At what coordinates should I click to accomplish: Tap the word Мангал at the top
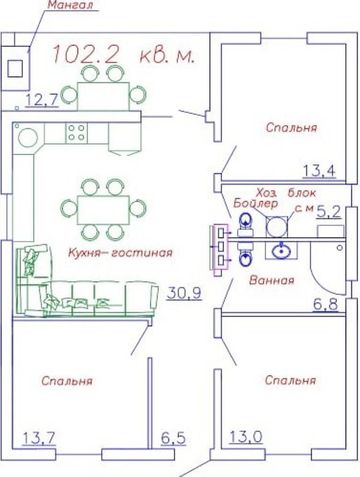pyautogui.click(x=70, y=5)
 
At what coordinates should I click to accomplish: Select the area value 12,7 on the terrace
pyautogui.click(x=41, y=100)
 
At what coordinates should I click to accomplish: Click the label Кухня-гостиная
pyautogui.click(x=120, y=252)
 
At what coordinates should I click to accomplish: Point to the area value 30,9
pyautogui.click(x=184, y=293)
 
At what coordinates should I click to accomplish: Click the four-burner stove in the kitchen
pyautogui.click(x=76, y=133)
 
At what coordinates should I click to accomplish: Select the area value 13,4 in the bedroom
pyautogui.click(x=319, y=171)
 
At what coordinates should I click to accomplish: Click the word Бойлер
pyautogui.click(x=255, y=204)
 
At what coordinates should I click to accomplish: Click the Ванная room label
pyautogui.click(x=271, y=280)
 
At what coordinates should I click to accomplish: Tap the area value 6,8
pyautogui.click(x=325, y=304)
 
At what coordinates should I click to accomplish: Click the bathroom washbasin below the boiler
pyautogui.click(x=282, y=251)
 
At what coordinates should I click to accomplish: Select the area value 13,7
pyautogui.click(x=39, y=439)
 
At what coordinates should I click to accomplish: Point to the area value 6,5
pyautogui.click(x=173, y=439)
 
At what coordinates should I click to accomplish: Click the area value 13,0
pyautogui.click(x=246, y=437)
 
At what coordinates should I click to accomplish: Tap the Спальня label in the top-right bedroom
pyautogui.click(x=291, y=127)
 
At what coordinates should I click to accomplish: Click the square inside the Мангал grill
pyautogui.click(x=15, y=68)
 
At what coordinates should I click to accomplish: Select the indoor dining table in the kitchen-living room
pyautogui.click(x=104, y=210)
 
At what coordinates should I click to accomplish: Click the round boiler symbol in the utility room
pyautogui.click(x=277, y=227)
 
